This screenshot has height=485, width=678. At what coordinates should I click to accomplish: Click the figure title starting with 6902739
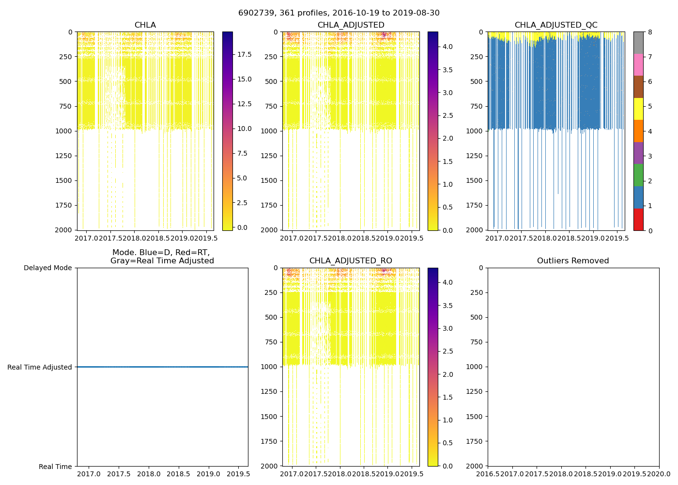coord(339,13)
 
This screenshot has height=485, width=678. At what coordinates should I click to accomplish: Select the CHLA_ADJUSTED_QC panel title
coord(555,25)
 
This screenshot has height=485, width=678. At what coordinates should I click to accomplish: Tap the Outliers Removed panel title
coord(573,261)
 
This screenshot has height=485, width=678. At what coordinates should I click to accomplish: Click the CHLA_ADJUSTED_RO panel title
coord(351,261)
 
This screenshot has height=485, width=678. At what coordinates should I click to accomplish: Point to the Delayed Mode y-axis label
coord(47,268)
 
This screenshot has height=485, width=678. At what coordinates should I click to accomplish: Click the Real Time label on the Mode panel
coord(55,467)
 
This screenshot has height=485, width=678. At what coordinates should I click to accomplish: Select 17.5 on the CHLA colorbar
coord(244,55)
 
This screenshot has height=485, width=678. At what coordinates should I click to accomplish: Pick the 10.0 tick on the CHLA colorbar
coord(244,129)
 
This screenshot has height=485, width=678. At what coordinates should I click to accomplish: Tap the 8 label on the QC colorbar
coord(650,32)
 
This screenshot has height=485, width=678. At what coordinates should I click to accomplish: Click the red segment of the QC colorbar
coord(638,219)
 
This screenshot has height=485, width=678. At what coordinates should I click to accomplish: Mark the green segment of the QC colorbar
coord(638,175)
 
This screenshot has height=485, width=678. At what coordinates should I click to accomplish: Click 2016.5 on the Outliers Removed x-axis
coord(488,474)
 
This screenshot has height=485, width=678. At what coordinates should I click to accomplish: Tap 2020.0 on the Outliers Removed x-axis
coord(659,474)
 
